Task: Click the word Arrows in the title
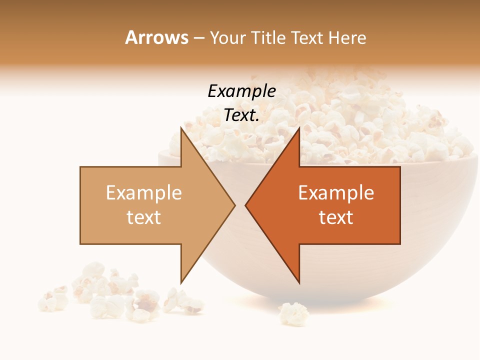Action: [156, 37]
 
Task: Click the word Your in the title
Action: [229, 37]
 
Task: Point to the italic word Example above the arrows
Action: [241, 91]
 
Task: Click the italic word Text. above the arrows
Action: [241, 115]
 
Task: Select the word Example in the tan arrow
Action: [144, 193]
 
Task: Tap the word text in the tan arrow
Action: [144, 217]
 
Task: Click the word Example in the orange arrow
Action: [336, 193]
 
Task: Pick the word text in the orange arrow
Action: [336, 217]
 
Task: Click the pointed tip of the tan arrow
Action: [234, 205]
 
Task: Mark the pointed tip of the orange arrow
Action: [246, 205]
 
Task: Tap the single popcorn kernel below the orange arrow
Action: [293, 313]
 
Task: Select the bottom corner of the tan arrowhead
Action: [180, 283]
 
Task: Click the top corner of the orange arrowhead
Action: [299, 127]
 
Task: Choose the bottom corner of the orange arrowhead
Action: [299, 283]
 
